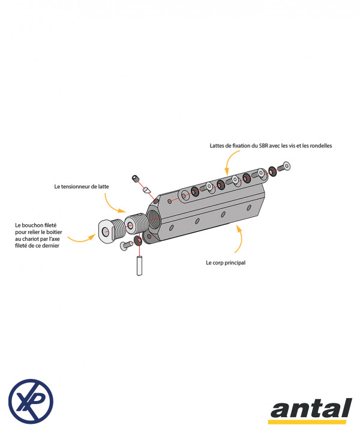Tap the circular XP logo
[x=31, y=401]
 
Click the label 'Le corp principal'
[x=225, y=263]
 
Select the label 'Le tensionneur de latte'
[x=82, y=186]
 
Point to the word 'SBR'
[x=260, y=146]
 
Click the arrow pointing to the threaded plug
[x=81, y=239]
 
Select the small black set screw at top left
[x=136, y=178]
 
